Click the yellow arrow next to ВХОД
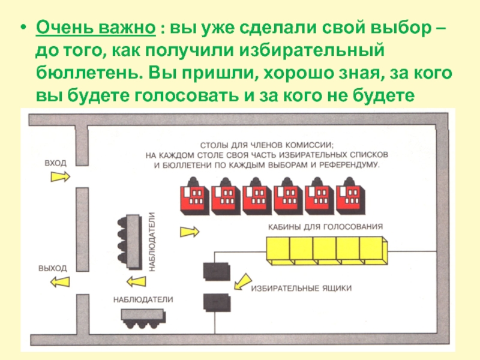60,176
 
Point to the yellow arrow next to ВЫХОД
59,281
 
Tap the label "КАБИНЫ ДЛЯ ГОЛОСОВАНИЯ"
325,227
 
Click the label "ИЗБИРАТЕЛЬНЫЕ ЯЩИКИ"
301,289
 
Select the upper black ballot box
215,272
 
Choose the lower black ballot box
215,302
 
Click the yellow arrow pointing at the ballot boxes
242,281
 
